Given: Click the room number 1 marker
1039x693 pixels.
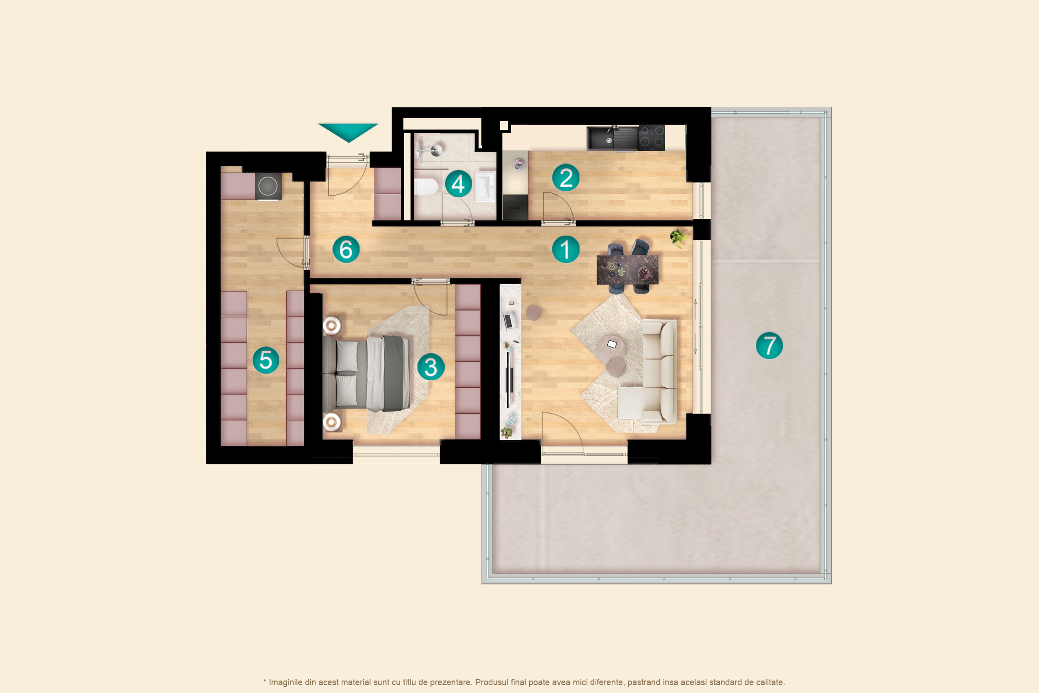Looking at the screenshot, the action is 566,249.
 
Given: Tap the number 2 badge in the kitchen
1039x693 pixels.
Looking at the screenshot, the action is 566,178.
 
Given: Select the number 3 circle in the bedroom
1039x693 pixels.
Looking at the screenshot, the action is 431,367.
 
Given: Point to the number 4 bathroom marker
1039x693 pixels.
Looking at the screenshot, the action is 458,184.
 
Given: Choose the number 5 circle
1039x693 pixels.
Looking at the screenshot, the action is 266,360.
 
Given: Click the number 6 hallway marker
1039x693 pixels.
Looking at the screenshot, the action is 346,249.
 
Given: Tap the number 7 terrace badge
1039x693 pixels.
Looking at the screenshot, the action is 769,345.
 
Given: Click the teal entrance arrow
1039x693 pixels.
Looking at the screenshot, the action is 348,132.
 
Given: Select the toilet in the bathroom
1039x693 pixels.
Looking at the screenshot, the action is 426,187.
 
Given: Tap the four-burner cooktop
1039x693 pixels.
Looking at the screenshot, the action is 652,137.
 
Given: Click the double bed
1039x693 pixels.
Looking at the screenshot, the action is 366,374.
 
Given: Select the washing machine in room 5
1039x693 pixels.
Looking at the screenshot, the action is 268,186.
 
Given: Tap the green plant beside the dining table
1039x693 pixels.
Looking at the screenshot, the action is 678,238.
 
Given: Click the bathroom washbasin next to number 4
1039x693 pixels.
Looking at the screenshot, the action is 485,187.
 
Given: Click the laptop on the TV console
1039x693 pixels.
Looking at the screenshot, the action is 509,320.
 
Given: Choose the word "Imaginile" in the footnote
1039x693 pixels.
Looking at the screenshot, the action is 286,682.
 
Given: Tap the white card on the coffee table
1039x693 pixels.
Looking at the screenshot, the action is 612,344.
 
